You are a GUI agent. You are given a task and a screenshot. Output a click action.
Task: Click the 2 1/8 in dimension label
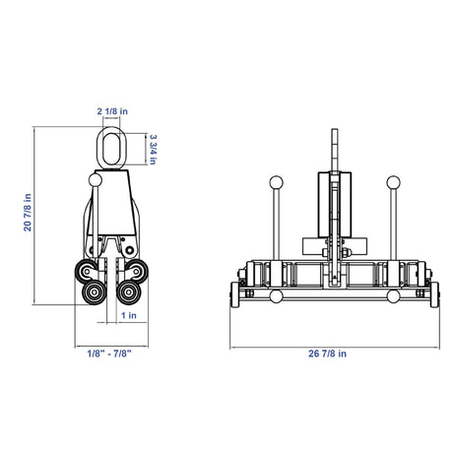pos(112,111)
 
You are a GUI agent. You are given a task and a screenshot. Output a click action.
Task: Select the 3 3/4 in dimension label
pos(153,149)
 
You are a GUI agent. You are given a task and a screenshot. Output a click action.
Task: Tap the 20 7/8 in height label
pos(28,213)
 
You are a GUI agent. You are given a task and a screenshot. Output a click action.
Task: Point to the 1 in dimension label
pos(129,315)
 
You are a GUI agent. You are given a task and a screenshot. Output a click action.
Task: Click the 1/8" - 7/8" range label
pos(109,354)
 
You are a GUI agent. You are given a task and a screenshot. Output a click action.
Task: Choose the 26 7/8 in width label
pos(327,354)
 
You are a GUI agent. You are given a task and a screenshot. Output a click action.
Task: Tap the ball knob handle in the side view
pos(96,180)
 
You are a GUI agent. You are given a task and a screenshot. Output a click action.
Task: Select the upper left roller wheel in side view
pos(86,271)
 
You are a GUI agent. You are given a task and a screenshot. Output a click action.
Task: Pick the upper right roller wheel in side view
pos(137,271)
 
